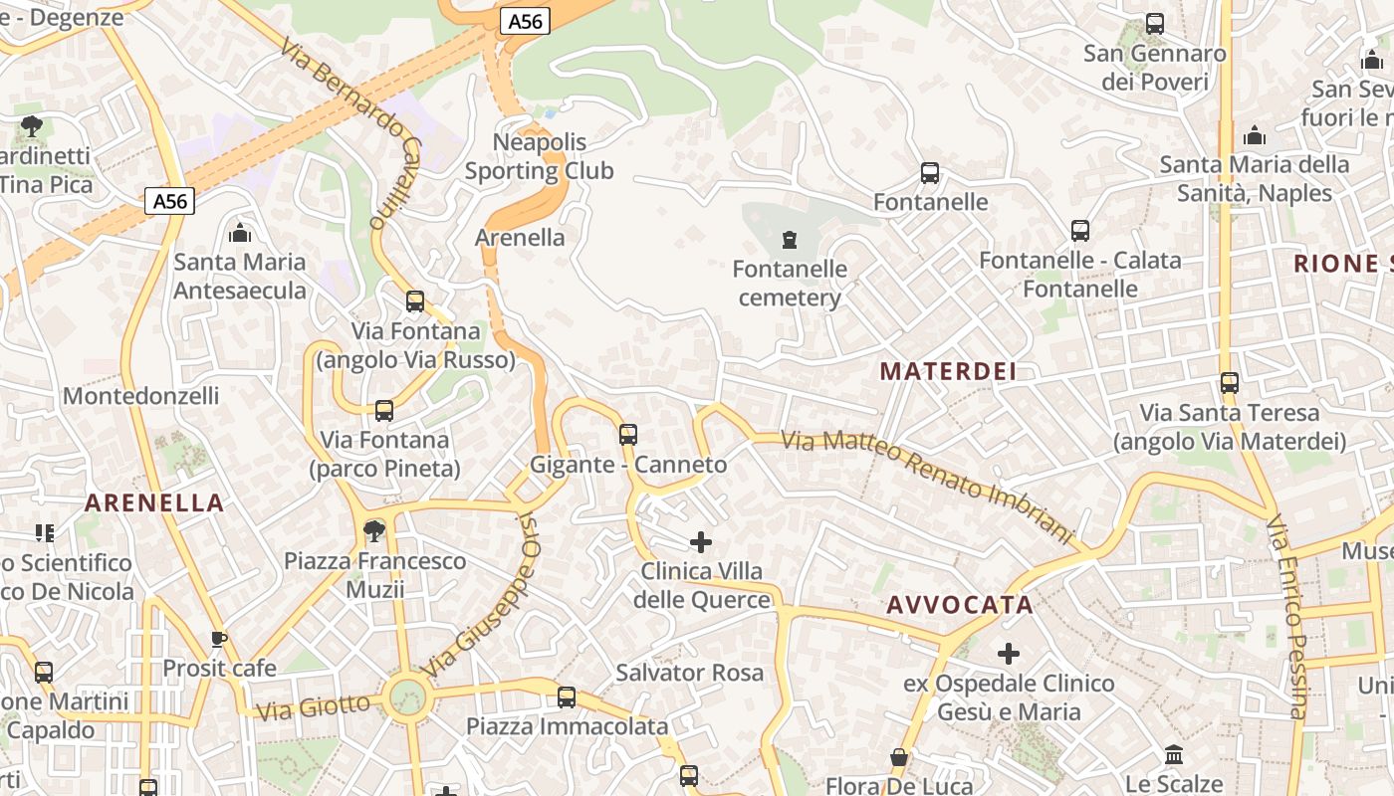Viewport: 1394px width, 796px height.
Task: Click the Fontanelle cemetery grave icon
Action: coord(790,239)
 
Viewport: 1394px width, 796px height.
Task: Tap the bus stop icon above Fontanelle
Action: coord(929,173)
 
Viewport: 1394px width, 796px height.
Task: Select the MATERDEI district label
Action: coord(948,372)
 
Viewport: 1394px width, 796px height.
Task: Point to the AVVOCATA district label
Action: coord(960,605)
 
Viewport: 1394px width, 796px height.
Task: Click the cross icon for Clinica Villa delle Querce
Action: coord(701,542)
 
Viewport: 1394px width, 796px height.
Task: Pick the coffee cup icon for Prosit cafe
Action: coord(219,639)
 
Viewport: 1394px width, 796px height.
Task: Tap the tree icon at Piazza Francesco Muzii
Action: coord(374,530)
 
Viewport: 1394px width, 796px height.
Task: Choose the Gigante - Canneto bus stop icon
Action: coord(627,434)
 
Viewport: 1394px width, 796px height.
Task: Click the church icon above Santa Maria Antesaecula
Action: coord(239,233)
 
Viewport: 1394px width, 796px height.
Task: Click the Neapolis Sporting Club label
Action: coord(540,156)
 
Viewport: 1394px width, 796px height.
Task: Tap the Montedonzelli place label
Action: coord(140,396)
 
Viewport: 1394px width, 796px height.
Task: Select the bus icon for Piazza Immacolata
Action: coord(566,697)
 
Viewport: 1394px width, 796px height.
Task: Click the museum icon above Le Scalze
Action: coord(1173,755)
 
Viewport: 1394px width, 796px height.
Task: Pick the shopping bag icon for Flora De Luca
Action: coord(898,758)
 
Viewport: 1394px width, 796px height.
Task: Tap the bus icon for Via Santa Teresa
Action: coord(1230,383)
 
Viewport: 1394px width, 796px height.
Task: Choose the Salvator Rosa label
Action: coord(689,673)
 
